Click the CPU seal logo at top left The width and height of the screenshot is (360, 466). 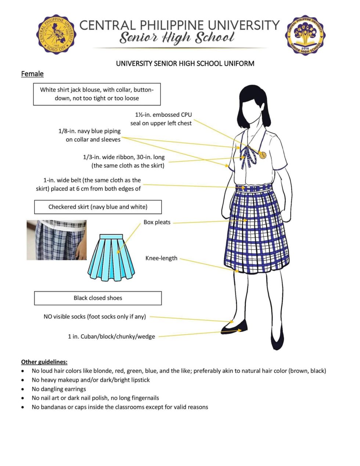coord(56,34)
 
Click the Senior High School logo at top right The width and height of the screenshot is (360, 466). coord(305,35)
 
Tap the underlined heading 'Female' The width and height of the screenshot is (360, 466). coord(32,74)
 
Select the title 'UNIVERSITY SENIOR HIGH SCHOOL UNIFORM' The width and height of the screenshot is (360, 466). coord(185,64)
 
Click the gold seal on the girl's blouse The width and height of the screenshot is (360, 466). coord(263,155)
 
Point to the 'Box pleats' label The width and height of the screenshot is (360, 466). coord(157,222)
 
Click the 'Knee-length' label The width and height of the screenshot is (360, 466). coord(161,258)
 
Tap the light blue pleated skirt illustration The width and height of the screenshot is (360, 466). coord(111,257)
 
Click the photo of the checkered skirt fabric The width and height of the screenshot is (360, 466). coord(57,240)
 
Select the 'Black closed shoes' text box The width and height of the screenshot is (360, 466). coord(98,298)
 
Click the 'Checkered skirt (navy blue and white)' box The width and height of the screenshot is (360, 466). coord(98,207)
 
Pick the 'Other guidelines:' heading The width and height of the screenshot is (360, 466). coord(44,362)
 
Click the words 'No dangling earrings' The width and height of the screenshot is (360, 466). coord(59,389)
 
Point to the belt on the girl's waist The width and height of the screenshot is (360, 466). coord(254,188)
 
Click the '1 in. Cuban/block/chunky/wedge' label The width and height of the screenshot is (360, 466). coord(111,336)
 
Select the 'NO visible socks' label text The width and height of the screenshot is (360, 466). coord(95,317)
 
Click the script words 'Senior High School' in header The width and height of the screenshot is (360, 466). coord(177,38)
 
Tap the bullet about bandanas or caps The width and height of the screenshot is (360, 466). coord(120,407)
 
